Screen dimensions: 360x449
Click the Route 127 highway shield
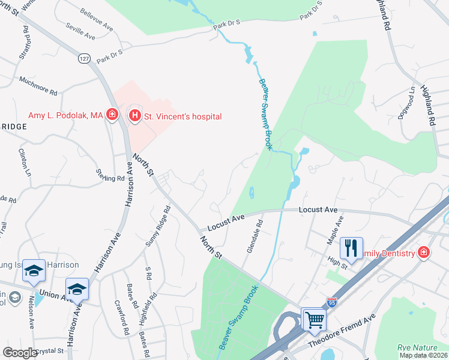pyautogui.click(x=83, y=58)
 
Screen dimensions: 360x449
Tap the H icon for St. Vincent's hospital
pyautogui.click(x=135, y=116)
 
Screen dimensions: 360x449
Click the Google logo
pyautogui.click(x=20, y=353)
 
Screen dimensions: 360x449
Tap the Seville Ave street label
pyautogui.click(x=81, y=33)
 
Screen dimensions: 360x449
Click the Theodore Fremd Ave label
pyautogui.click(x=341, y=330)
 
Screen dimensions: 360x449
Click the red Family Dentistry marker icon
pyautogui.click(x=424, y=253)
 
